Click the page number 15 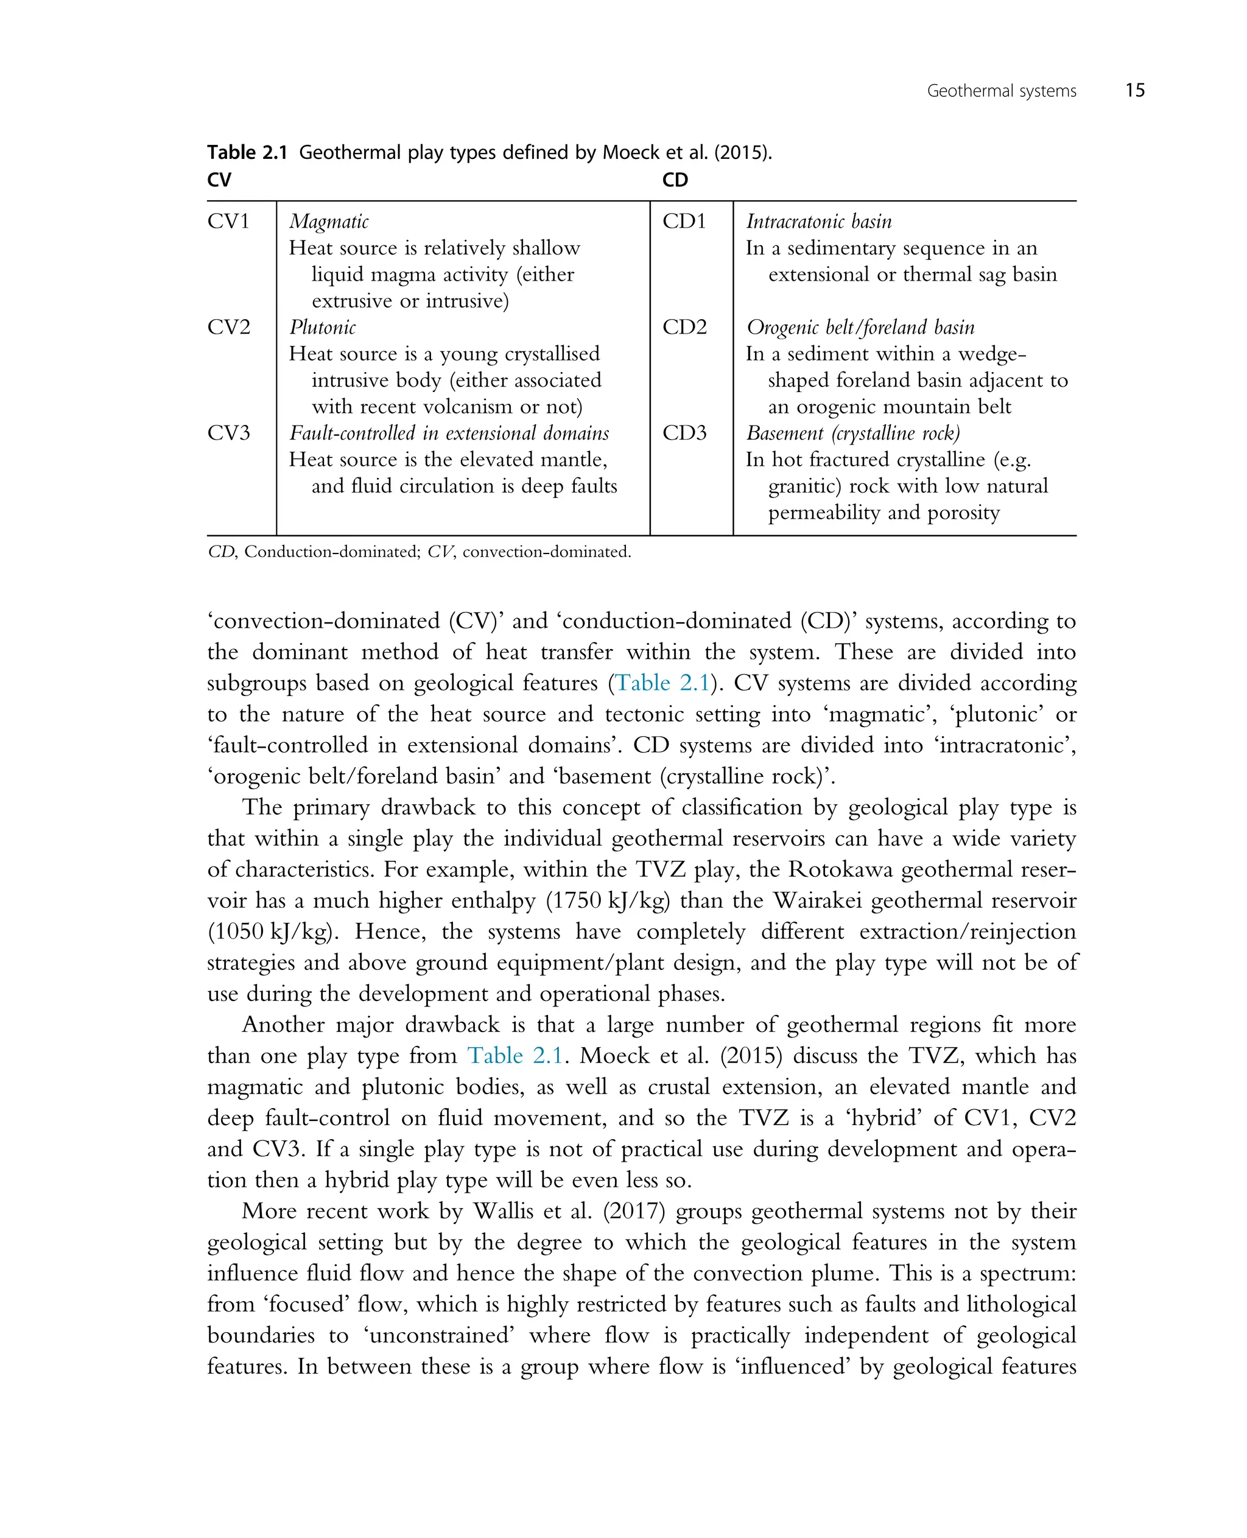point(1134,91)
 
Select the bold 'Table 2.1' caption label point(247,152)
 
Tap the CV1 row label point(228,221)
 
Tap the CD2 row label point(684,327)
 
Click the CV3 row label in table point(228,432)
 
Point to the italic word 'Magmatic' point(329,221)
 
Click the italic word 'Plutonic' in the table point(323,327)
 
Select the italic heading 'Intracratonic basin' point(818,221)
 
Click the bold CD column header point(675,180)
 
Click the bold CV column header point(219,180)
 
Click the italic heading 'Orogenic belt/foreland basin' point(860,327)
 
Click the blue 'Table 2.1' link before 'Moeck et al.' point(515,1055)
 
